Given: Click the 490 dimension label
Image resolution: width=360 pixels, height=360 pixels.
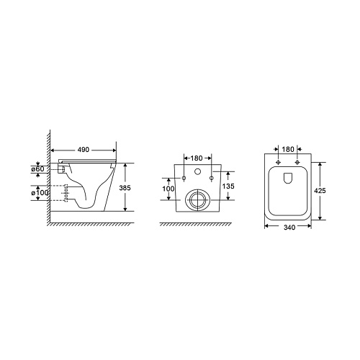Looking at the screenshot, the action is coord(84,150).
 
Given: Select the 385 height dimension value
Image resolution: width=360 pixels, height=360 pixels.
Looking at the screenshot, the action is coord(125,188).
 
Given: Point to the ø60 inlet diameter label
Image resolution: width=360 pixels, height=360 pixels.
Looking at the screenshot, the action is coord(38,169).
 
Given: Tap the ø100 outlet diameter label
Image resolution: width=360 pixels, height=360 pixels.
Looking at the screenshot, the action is coord(40,192).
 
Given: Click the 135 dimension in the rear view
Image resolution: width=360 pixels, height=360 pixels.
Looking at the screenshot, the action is coord(228,186).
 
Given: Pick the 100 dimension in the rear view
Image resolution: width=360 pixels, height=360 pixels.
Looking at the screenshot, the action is coord(168,189).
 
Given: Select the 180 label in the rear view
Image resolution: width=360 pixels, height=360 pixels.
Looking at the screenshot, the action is coord(197,158).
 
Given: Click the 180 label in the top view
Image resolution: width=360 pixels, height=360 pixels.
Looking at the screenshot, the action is coord(288,149).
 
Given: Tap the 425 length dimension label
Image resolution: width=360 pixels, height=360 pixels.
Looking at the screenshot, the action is coord(320,191).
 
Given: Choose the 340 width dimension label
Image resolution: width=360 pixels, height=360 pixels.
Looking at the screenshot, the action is coord(289,228).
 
